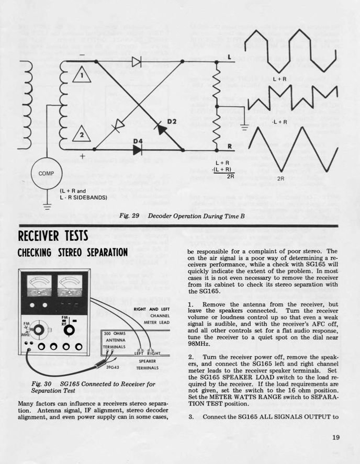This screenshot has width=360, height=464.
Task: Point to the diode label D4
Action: [138, 141]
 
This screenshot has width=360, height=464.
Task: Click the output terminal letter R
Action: [229, 146]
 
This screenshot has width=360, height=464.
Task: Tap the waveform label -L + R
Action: [280, 122]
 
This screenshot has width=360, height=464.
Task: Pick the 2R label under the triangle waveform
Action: [280, 178]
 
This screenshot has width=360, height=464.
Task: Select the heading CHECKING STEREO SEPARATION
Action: [73, 253]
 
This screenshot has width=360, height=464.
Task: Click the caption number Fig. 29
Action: [129, 216]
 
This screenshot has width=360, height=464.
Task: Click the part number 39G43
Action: [114, 368]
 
